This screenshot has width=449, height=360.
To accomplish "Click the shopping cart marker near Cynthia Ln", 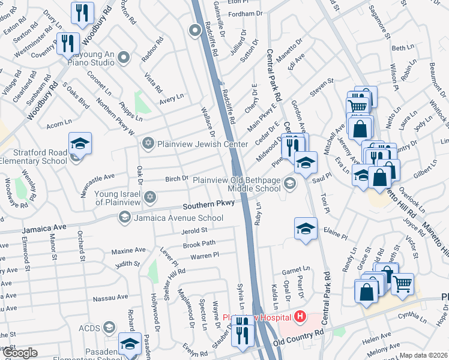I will (403, 283).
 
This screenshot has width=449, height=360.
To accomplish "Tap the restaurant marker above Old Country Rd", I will (243, 331).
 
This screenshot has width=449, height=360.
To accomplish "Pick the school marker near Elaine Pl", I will (306, 229).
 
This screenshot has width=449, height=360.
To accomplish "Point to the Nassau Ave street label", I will (114, 297).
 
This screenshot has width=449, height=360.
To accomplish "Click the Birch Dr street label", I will (177, 179).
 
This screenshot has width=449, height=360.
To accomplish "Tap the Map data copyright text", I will (424, 355).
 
